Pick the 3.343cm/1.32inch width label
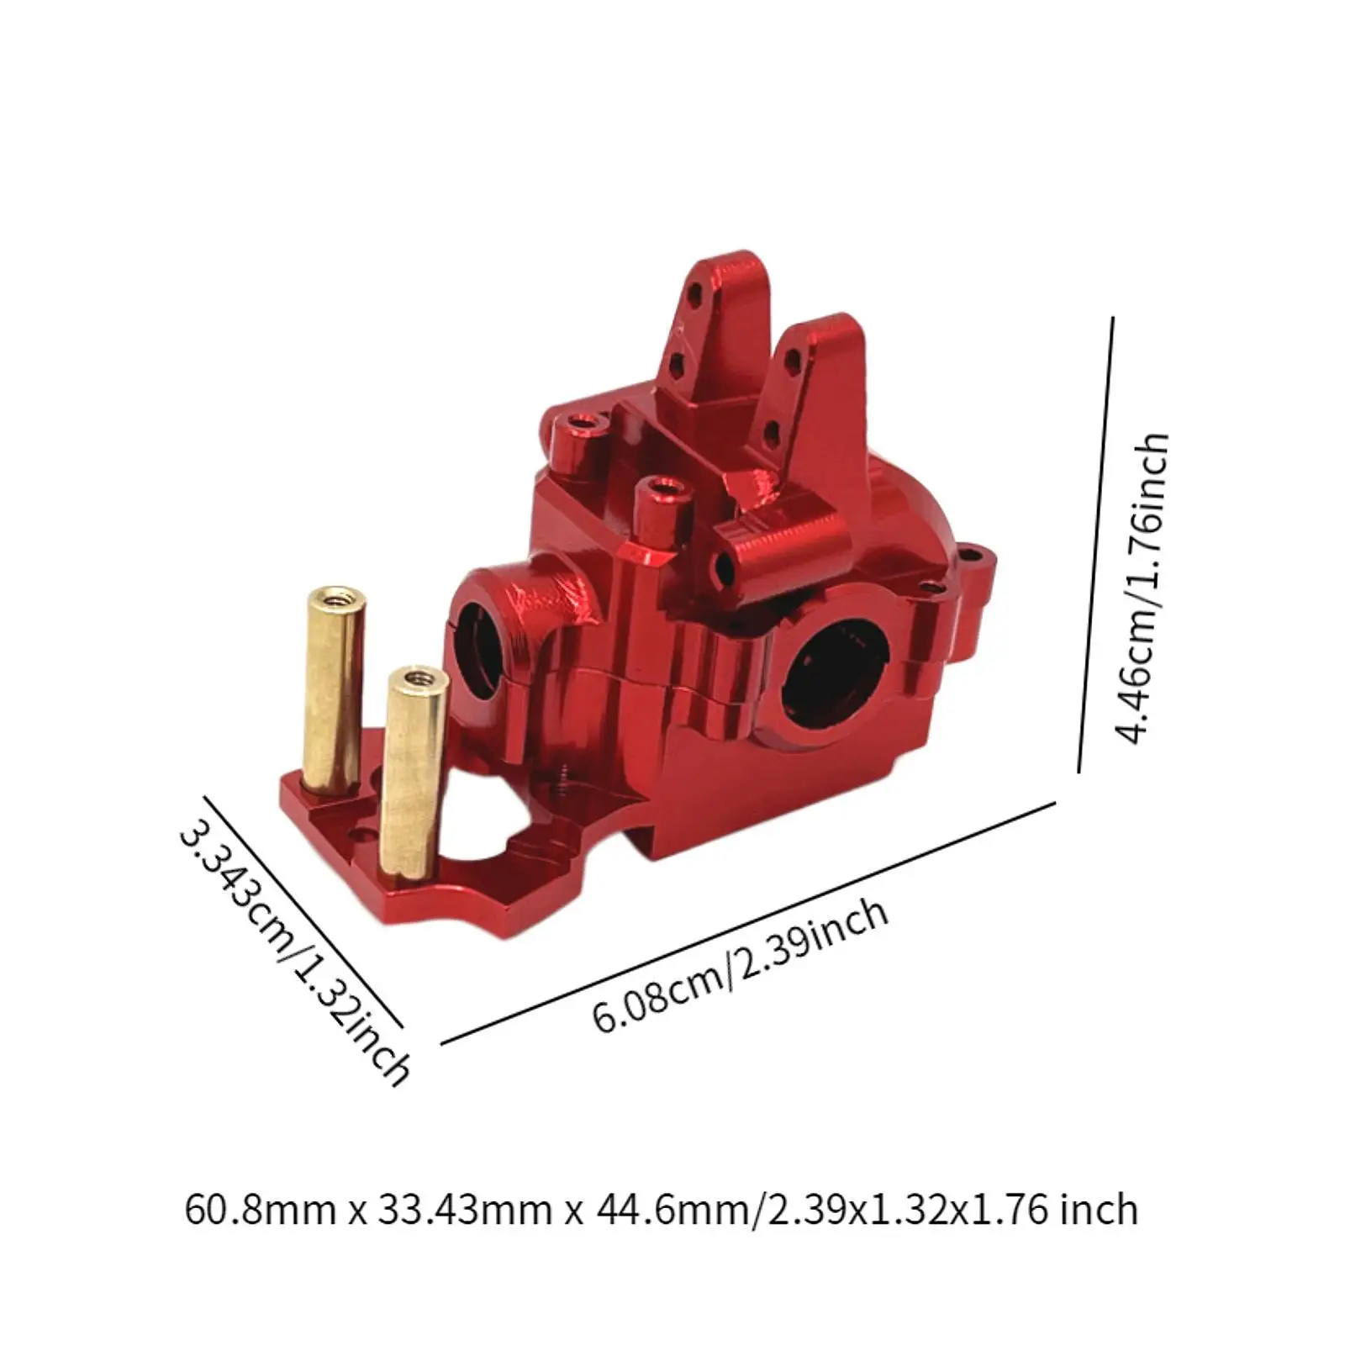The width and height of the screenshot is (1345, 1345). click(293, 941)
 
